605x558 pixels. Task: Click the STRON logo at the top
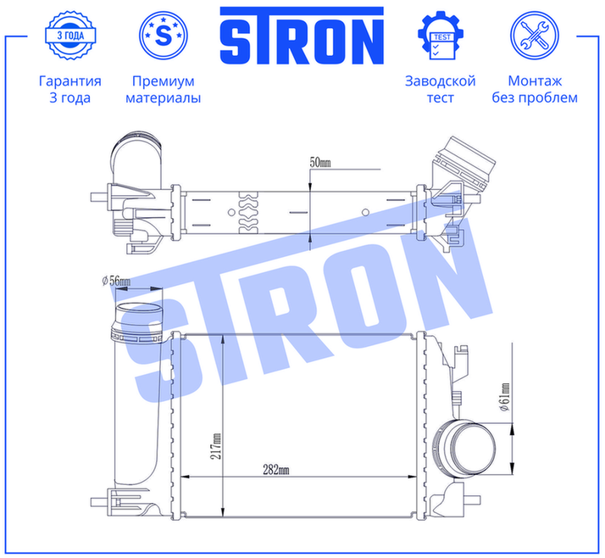click(x=302, y=36)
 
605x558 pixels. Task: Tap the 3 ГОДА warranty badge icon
click(x=70, y=36)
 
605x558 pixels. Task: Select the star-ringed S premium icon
click(x=164, y=35)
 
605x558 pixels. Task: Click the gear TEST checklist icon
click(x=441, y=36)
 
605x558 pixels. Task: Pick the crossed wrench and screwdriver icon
click(x=535, y=35)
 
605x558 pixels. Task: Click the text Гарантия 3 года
click(x=69, y=89)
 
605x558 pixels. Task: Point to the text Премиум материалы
click(x=164, y=89)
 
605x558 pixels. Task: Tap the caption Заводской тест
click(x=441, y=89)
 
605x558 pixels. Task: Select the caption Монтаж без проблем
click(x=535, y=89)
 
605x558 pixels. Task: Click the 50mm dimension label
click(x=320, y=163)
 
